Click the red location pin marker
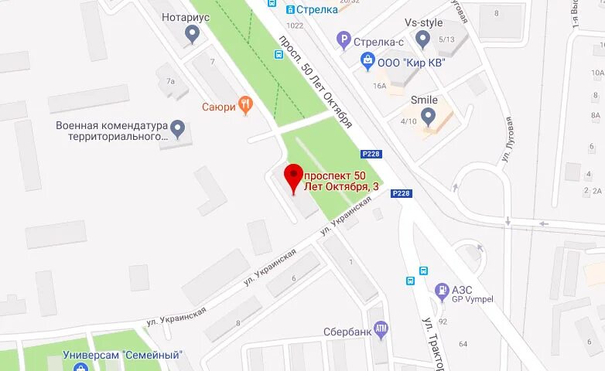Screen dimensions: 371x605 pyautogui.click(x=293, y=177)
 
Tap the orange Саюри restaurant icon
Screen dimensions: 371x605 pyautogui.click(x=245, y=105)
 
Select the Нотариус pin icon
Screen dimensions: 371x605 pyautogui.click(x=193, y=33)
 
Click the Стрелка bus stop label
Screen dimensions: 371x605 pyautogui.click(x=317, y=9)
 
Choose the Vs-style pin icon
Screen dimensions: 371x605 pyautogui.click(x=422, y=38)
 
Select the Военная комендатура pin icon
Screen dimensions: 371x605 pyautogui.click(x=178, y=128)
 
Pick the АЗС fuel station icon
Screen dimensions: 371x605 pyautogui.click(x=443, y=291)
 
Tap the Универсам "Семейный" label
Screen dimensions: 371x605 pyautogui.click(x=123, y=355)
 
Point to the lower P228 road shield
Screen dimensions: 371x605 pyautogui.click(x=401, y=193)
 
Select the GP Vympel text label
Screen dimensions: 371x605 pyautogui.click(x=473, y=300)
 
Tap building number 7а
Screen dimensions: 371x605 pyautogui.click(x=171, y=80)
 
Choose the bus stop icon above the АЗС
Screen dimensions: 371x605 pyautogui.click(x=423, y=271)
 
